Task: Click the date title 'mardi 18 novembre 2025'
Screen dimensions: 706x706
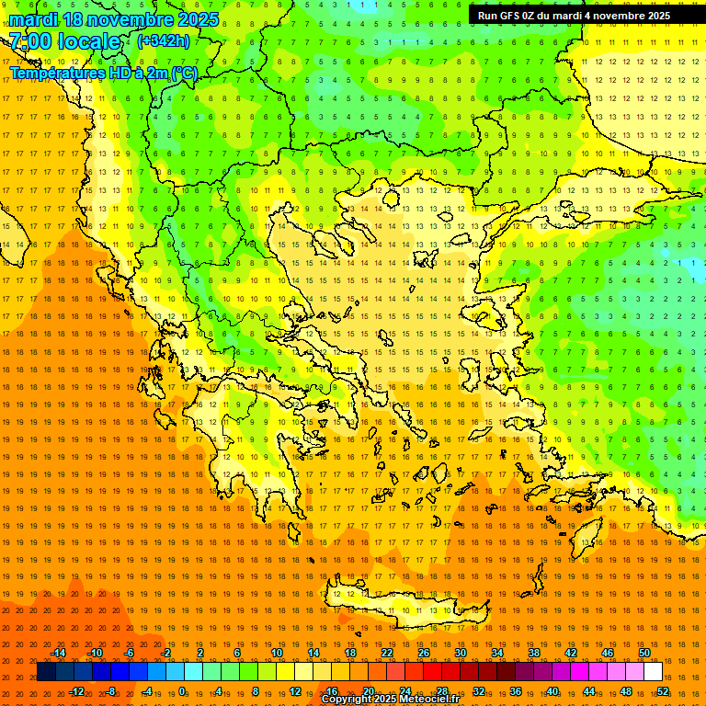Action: click(x=114, y=19)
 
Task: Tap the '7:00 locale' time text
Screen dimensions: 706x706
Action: click(x=64, y=41)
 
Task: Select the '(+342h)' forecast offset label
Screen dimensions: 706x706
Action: click(x=164, y=41)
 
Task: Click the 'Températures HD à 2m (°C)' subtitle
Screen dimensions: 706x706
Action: click(x=103, y=74)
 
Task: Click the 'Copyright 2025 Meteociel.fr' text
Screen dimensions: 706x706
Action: click(x=390, y=700)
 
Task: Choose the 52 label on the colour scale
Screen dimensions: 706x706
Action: click(x=663, y=691)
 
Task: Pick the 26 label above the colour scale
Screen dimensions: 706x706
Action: click(x=424, y=653)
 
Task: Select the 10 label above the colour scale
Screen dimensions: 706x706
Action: click(x=277, y=653)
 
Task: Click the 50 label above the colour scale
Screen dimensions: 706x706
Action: click(x=644, y=653)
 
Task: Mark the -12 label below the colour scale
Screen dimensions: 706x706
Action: click(x=76, y=691)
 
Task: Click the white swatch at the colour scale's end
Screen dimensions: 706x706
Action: click(x=653, y=672)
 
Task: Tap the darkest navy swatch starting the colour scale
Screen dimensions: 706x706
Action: click(x=46, y=672)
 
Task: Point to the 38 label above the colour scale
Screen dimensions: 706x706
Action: click(x=534, y=653)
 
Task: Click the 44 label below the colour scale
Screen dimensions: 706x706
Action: click(x=589, y=691)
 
